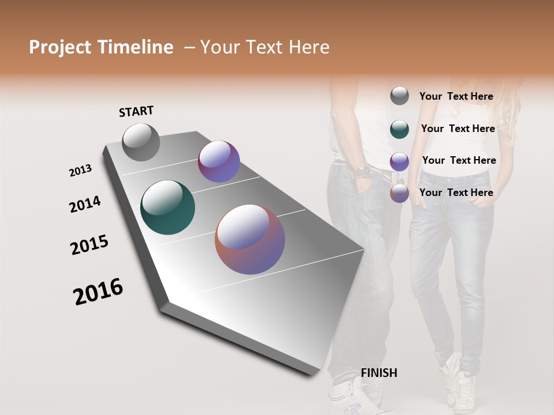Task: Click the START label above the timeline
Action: coord(136,111)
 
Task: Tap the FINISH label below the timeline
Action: coord(379,373)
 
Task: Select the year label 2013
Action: coord(80,171)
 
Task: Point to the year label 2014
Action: coord(85,205)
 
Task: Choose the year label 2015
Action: coord(89,245)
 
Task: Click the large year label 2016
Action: coord(98,292)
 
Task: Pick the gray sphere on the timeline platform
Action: coord(141,142)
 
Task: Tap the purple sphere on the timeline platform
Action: coord(219,161)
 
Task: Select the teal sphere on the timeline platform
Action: coord(167,207)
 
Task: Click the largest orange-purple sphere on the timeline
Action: coord(250,239)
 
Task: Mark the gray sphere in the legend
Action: coord(399,96)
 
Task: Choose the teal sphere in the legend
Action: coord(399,129)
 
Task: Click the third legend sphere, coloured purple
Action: coord(399,161)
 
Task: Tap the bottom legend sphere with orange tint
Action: coord(399,193)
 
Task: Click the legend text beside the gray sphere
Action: coord(456,96)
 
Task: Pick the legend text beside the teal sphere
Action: coord(458,129)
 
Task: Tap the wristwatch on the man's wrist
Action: coord(362,172)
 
